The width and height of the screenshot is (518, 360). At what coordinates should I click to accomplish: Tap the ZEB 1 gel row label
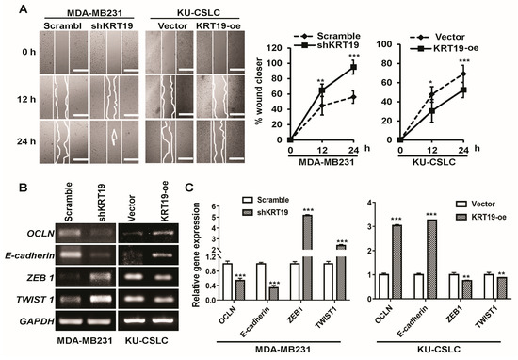(36, 273)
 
